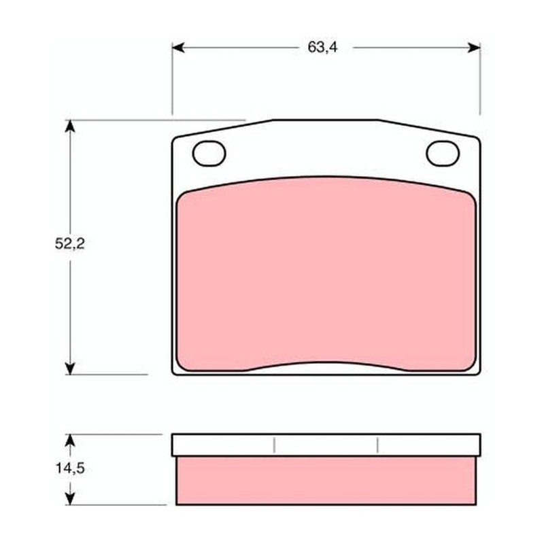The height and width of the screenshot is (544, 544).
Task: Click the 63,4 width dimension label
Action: (x=322, y=47)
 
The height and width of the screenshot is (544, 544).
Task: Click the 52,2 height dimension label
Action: (x=70, y=243)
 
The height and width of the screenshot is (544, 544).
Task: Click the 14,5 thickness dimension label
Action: (x=70, y=469)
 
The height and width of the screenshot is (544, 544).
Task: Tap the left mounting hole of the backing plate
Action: (x=209, y=154)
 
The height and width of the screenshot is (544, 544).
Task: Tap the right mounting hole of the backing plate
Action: (x=443, y=154)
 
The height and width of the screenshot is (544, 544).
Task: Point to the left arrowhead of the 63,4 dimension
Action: (x=178, y=48)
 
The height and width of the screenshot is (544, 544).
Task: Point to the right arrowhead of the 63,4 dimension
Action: (x=474, y=48)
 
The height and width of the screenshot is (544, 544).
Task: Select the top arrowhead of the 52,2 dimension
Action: (x=70, y=126)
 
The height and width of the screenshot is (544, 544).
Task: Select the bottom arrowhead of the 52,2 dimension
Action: (x=70, y=369)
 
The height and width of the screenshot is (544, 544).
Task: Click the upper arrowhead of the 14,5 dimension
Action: (x=70, y=440)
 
